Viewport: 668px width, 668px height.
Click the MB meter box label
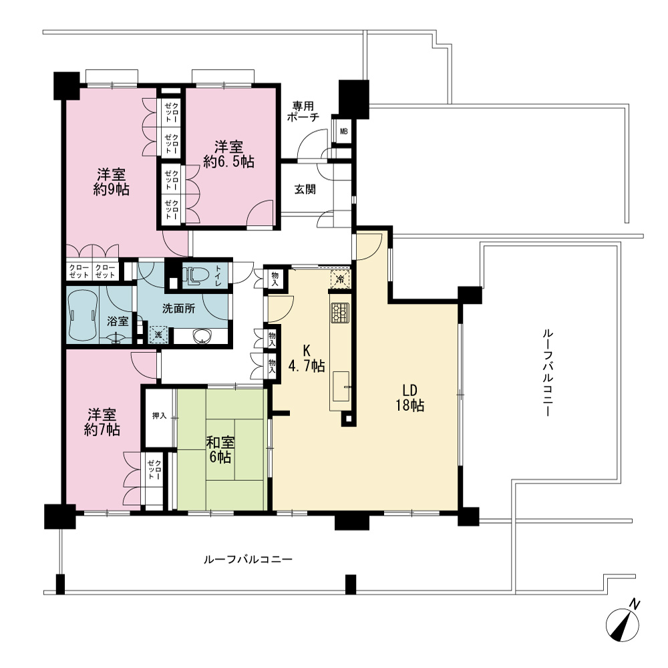[343, 132]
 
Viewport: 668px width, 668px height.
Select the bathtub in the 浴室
[83, 315]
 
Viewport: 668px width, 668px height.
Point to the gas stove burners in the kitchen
[340, 312]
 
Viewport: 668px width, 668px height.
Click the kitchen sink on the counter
[341, 386]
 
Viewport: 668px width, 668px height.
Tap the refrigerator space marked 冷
[340, 279]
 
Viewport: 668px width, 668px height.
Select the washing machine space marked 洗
[158, 335]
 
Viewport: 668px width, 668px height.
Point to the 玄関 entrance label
[305, 189]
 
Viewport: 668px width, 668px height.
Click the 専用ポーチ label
[303, 111]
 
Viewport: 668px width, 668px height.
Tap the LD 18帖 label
[410, 398]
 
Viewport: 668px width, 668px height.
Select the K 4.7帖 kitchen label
[307, 358]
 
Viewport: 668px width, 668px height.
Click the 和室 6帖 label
[220, 450]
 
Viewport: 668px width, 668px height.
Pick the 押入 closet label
[160, 415]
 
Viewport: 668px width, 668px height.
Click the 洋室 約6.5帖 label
[228, 154]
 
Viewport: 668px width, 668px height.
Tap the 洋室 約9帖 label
[111, 182]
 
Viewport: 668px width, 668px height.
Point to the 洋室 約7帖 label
[102, 422]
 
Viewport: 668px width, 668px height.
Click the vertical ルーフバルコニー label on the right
[548, 372]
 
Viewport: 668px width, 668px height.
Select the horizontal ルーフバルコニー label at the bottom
[248, 558]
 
